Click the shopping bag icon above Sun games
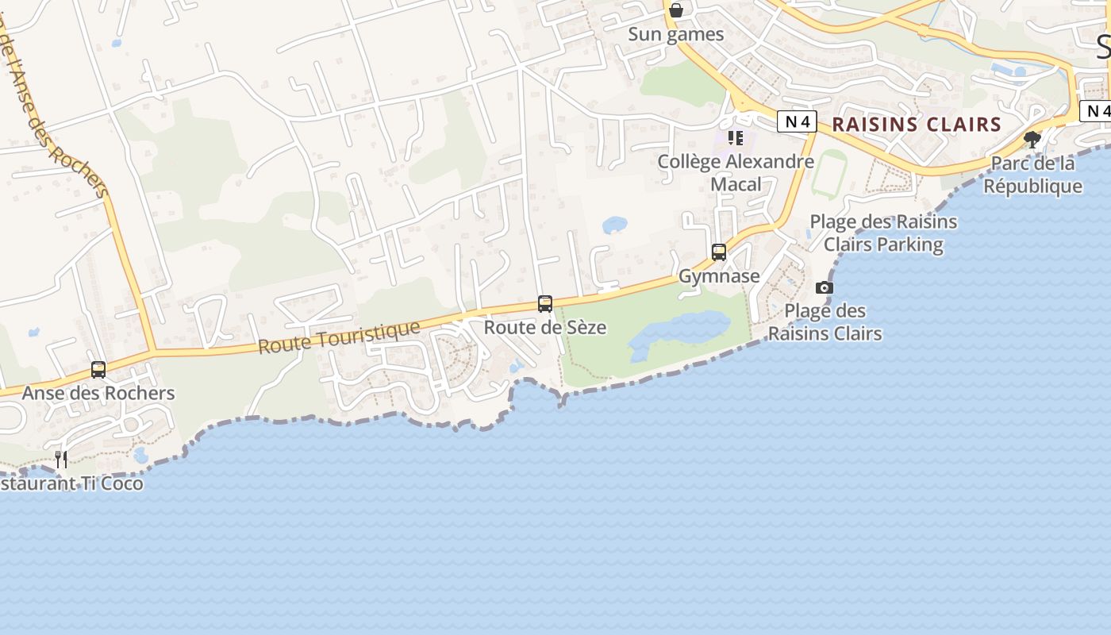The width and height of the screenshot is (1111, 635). coord(676,10)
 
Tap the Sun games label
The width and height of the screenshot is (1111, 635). coord(676,34)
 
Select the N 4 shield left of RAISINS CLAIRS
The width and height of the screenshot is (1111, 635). coord(797,121)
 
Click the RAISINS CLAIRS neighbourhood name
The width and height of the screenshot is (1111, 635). coord(917,125)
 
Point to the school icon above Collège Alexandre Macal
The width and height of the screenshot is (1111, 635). coord(736,138)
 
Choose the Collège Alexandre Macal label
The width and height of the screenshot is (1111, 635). coord(736,173)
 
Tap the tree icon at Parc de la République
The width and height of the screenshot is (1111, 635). coord(1032,140)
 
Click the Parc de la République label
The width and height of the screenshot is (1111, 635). coord(1032,175)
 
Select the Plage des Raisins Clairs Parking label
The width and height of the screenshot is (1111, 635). coord(883,233)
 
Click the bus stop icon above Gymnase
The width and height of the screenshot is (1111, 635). coord(719,252)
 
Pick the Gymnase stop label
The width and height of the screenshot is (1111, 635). coord(719,276)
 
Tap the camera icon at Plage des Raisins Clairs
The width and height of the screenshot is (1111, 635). coord(825,287)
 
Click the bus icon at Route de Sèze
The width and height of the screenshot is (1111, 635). coord(545,303)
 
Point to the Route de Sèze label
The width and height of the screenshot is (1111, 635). coord(545,327)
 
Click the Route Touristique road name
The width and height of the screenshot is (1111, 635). coord(339,337)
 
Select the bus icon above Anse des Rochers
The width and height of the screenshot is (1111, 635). coord(98,370)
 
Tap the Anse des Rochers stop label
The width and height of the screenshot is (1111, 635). coord(98,393)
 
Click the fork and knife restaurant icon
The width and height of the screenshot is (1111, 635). coord(61,459)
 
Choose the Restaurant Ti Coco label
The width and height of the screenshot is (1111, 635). coord(71,483)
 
